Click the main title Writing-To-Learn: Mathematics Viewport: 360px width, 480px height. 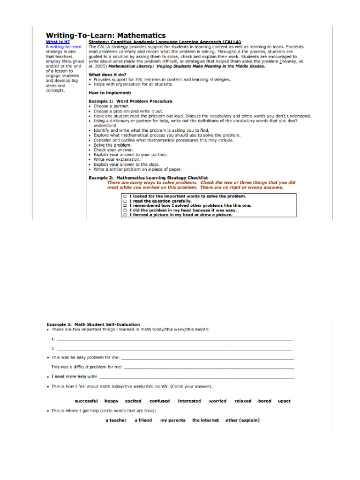(105, 35)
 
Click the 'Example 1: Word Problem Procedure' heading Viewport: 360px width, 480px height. (131, 101)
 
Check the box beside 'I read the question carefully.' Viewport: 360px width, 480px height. (124, 201)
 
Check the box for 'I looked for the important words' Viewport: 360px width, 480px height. (124, 196)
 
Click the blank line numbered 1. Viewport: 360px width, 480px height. (173, 339)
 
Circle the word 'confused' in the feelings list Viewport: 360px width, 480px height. (159, 401)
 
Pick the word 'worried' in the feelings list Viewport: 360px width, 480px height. (217, 401)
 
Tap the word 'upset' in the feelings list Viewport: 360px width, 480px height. (284, 401)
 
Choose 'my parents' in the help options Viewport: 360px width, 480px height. (172, 420)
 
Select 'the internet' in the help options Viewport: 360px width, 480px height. (205, 420)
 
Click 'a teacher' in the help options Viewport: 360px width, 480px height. (116, 420)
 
